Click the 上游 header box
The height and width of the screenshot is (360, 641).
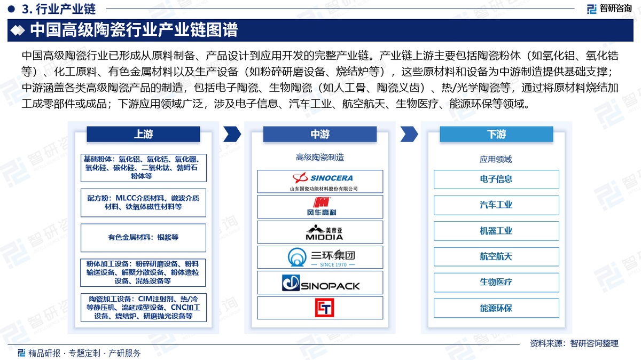pos(143,134)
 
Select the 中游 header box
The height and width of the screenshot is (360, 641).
pos(320,134)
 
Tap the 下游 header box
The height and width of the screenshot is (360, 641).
pos(496,134)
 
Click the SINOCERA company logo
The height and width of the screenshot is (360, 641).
pos(323,182)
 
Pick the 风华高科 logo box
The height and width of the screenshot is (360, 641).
pos(320,207)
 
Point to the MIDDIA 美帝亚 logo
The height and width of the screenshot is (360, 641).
pos(324,232)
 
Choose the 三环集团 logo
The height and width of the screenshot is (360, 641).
pos(321,257)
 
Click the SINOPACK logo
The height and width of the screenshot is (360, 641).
pos(321,283)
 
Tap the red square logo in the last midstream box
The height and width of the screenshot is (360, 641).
pos(324,308)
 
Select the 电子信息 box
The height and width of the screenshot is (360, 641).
pos(496,179)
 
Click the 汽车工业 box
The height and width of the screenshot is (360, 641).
pos(496,205)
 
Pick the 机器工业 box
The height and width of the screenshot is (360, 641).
pos(496,231)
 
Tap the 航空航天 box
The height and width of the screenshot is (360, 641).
pos(496,257)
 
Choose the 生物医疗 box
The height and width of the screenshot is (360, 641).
pos(496,283)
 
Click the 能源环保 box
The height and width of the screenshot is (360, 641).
pos(496,308)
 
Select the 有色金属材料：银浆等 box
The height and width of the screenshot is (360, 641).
pos(143,238)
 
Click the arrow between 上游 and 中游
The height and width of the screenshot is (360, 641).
pos(232,134)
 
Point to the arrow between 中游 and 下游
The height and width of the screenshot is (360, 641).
pos(409,134)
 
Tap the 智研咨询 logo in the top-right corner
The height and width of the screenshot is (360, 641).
pos(609,9)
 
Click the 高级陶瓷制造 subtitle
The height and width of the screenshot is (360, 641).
pos(320,158)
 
